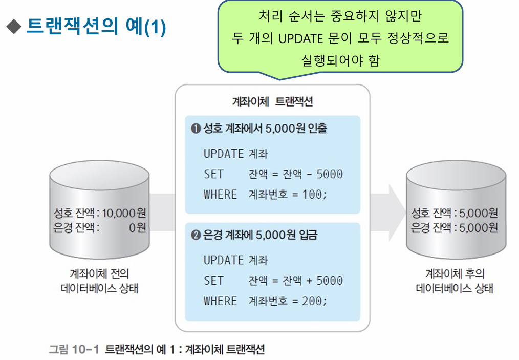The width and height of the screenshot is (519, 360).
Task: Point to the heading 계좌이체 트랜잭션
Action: tap(272, 101)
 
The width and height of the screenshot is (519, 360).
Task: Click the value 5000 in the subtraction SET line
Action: tap(329, 174)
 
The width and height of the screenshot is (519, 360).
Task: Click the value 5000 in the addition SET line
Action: tap(329, 281)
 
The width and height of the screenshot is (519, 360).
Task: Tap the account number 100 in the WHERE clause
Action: tap(312, 195)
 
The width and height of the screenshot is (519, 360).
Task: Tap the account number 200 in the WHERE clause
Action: tap(312, 301)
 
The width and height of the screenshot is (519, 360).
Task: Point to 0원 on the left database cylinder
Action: tap(137, 227)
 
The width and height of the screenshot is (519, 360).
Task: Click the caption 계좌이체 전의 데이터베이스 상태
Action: tap(99, 281)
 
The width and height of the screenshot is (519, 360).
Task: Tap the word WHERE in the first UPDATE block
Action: tap(220, 195)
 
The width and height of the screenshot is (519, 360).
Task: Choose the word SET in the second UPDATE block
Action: tap(213, 281)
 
